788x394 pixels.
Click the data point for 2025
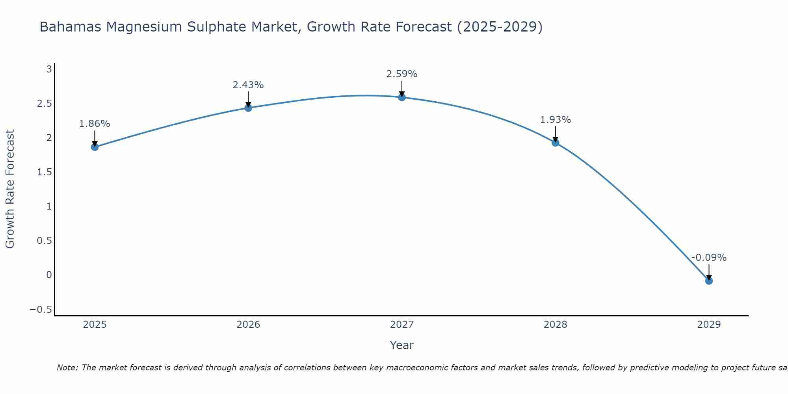coord(95,147)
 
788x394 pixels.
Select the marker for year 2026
coord(248,108)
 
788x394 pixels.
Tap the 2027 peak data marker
coord(402,97)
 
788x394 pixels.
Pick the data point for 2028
coord(556,142)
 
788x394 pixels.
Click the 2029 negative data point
coord(709,281)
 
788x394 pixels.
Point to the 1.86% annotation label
coord(95,124)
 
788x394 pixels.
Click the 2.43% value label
coord(248,85)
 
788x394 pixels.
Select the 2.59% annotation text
coord(402,74)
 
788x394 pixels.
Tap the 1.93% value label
coord(556,120)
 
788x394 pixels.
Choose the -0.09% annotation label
coord(709,258)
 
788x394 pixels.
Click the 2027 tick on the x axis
coord(402,325)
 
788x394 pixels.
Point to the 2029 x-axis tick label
coord(709,325)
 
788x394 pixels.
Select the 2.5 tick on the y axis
coord(45,104)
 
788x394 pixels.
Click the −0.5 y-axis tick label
coord(41,310)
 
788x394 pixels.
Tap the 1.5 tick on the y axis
coord(45,172)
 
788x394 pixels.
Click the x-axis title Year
coord(402,345)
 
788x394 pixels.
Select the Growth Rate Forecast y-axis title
coord(10,189)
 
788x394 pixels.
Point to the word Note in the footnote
coord(67,368)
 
